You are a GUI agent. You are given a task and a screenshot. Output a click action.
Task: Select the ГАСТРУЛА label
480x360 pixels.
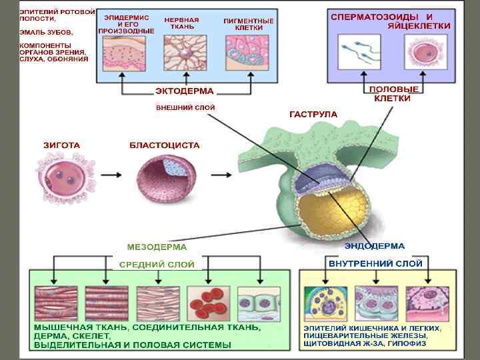313,114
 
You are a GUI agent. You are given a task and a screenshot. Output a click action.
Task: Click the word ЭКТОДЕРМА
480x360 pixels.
185,91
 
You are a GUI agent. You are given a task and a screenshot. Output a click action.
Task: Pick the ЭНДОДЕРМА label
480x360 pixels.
374,246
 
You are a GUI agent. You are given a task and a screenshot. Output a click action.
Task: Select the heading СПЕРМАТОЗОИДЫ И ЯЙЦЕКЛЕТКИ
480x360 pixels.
391,20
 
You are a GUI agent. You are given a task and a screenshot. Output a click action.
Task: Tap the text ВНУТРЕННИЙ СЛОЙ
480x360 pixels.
375,263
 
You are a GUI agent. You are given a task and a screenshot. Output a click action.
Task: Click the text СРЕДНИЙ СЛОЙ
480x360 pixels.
157,264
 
